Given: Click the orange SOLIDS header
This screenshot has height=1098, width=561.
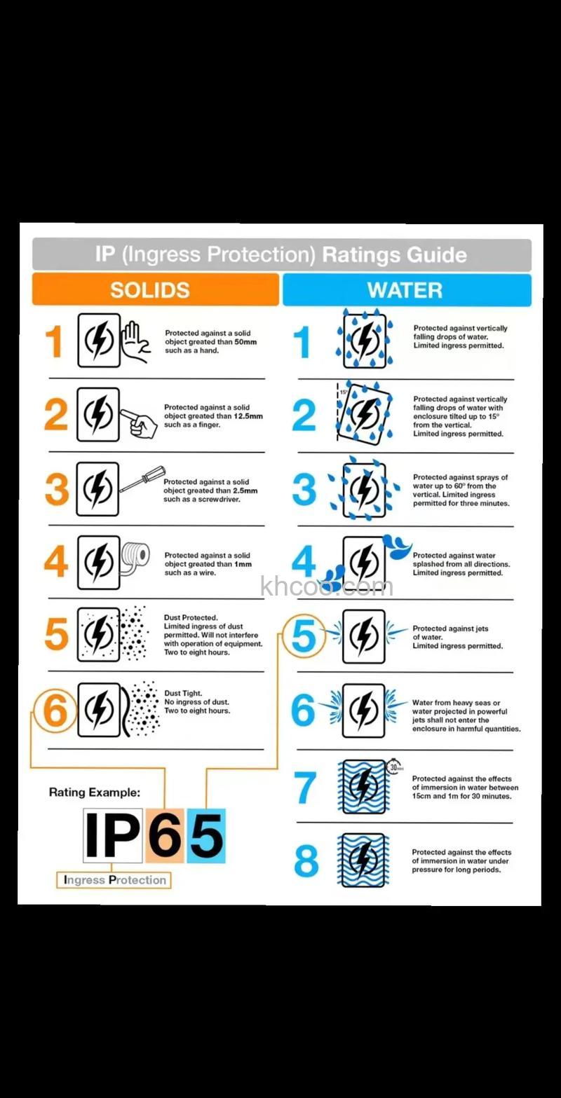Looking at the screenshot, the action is (x=156, y=289).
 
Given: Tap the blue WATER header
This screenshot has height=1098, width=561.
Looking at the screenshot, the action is (x=407, y=290).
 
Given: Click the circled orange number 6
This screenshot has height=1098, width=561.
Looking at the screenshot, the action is (x=55, y=711).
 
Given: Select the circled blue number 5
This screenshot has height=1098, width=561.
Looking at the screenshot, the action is (x=304, y=636).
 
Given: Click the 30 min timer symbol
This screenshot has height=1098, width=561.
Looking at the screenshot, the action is (x=395, y=767).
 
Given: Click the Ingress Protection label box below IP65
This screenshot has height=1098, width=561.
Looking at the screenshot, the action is (x=114, y=880).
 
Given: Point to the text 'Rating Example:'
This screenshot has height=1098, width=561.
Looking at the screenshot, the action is (x=95, y=792).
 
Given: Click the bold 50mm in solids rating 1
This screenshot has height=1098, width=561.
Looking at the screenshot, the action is (x=245, y=342).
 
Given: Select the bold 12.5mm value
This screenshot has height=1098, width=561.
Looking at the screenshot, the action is (x=248, y=416).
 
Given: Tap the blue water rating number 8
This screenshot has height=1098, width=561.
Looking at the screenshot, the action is (x=306, y=860).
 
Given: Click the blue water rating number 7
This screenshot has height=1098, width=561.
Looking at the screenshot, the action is (x=305, y=788).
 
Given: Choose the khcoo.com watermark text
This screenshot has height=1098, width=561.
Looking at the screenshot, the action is (x=327, y=586).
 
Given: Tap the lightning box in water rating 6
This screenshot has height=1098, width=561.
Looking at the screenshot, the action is (x=363, y=711).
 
